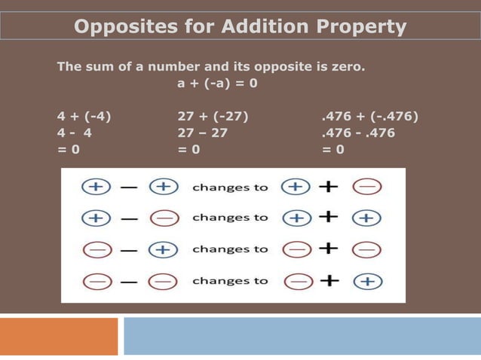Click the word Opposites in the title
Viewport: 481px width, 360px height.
126,28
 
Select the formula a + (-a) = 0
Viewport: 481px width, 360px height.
217,83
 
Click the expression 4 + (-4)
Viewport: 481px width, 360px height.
84,116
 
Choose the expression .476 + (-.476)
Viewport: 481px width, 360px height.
369,116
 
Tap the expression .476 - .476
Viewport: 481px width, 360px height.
357,133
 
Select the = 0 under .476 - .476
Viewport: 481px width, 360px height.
332,149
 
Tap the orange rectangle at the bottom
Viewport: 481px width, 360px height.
59,336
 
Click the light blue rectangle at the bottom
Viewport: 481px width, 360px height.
302,336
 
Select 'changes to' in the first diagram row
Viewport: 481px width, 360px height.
230,187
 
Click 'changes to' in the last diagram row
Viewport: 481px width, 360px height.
230,281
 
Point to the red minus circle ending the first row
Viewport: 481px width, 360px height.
367,187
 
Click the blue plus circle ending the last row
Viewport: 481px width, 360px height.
367,281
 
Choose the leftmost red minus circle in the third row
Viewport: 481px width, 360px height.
95,249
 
